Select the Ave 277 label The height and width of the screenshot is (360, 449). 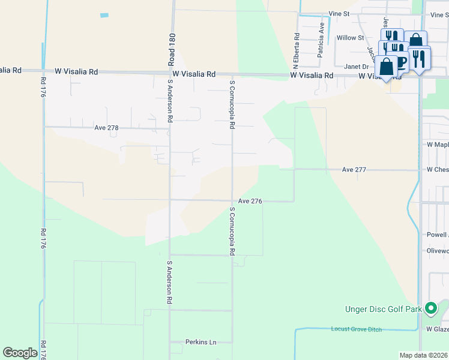(x=354, y=170)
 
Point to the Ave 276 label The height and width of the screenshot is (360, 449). (x=250, y=201)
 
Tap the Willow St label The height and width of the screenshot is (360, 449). (x=351, y=38)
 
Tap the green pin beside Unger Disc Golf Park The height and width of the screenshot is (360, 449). (x=430, y=309)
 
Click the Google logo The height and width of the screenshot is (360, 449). (x=20, y=353)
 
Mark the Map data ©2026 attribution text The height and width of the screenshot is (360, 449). (x=423, y=355)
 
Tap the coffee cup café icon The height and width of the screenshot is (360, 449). (x=401, y=62)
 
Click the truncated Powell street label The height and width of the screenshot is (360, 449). (x=437, y=235)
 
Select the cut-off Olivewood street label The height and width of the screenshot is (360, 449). (x=437, y=251)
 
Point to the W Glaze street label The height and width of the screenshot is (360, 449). (x=437, y=329)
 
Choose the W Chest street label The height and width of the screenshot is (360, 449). (x=437, y=170)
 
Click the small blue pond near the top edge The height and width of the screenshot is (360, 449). (x=105, y=14)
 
